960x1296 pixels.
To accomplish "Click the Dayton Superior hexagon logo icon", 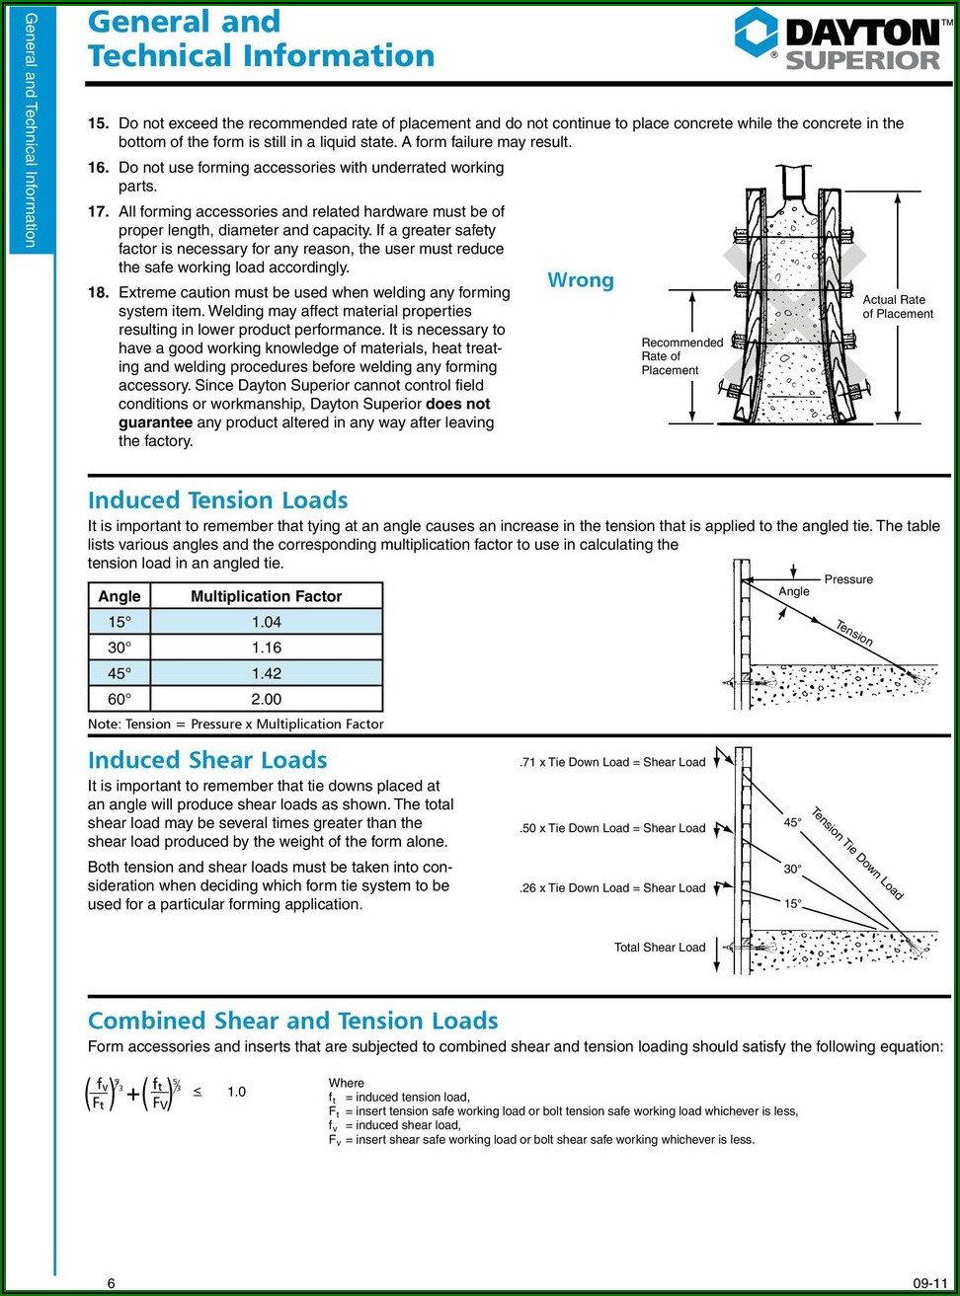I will pos(756,33).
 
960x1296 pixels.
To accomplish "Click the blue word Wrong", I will pos(581,280).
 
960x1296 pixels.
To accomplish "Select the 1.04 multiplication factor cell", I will pos(267,622).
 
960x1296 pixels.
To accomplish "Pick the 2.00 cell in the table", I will pos(267,699).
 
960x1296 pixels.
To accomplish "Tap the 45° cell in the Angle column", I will pos(120,673).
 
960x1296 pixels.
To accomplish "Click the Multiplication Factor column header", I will pos(267,596).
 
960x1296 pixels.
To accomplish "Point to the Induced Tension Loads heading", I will pos(217,500).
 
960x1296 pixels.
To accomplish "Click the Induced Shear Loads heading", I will pos(207,760).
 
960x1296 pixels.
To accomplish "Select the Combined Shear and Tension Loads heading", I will pos(292,1021).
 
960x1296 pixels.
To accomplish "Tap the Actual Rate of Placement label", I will pos(897,306).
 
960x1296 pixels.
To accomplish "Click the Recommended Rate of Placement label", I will pos(681,356).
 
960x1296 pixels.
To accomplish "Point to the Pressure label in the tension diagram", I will pos(848,579).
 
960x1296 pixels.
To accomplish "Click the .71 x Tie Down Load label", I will pos(612,762).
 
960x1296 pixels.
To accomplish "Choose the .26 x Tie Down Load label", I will pos(612,888).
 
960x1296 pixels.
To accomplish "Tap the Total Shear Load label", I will pos(660,948).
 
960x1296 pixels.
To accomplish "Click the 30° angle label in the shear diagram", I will pos(793,870).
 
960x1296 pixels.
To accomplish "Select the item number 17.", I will pos(98,211).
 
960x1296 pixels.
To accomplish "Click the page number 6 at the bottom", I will pos(111,1283).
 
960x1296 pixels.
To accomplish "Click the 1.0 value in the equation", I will pos(236,1092).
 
